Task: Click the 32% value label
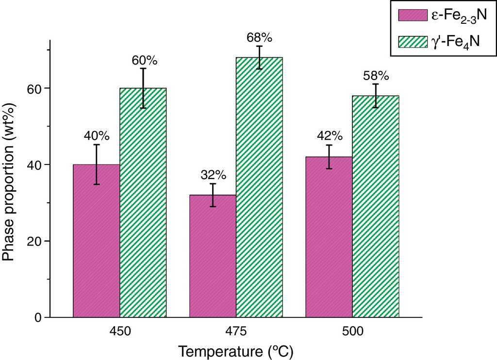click(x=213, y=175)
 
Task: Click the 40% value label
click(x=97, y=136)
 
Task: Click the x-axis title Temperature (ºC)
click(x=235, y=351)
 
